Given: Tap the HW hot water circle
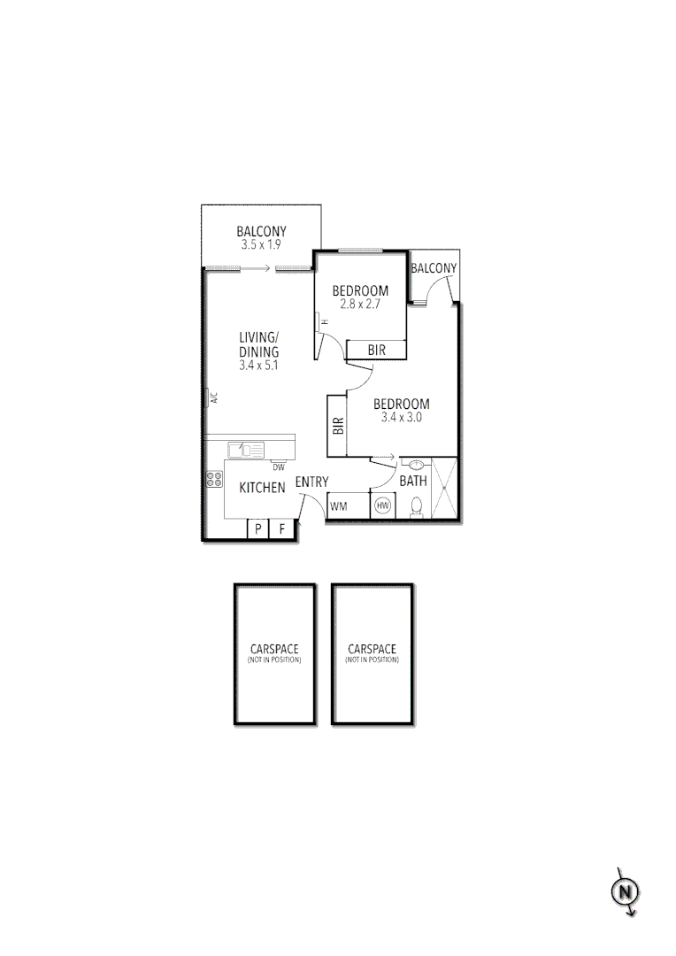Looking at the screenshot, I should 383,506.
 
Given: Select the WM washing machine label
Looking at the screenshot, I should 338,507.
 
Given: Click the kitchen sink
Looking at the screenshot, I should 245,450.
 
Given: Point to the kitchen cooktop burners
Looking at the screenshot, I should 214,480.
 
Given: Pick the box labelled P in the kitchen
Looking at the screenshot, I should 257,529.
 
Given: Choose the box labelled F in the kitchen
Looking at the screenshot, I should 281,529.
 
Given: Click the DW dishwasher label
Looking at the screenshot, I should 278,467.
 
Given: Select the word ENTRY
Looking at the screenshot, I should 311,482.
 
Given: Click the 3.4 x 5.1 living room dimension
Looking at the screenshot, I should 258,365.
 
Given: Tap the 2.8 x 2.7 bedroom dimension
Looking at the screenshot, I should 360,304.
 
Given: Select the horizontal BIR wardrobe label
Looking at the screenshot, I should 376,351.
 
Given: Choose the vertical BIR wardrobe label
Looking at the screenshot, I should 337,426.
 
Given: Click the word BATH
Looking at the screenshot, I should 413,482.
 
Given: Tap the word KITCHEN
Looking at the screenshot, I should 262,488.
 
